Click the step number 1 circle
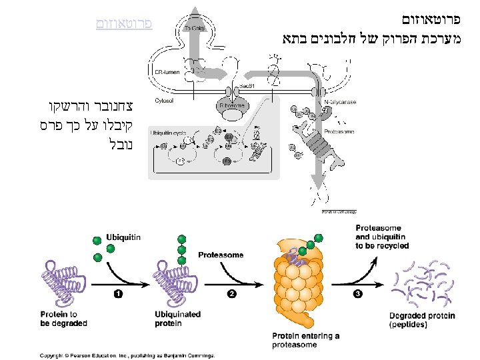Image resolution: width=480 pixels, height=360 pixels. [x=118, y=293]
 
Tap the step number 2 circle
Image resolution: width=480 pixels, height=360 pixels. [x=231, y=293]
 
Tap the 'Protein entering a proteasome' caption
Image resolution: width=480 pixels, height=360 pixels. [x=306, y=340]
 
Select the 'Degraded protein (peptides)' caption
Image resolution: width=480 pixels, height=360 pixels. [x=422, y=321]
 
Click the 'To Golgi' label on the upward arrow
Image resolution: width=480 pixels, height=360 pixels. [x=194, y=29]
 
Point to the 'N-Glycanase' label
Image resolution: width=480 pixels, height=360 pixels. [x=341, y=102]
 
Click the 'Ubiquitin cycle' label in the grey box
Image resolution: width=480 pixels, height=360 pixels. [x=168, y=133]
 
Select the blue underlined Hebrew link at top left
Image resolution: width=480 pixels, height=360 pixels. [x=124, y=24]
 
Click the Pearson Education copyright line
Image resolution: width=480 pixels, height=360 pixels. [x=127, y=355]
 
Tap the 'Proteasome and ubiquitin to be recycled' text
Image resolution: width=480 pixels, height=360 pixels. [x=382, y=237]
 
